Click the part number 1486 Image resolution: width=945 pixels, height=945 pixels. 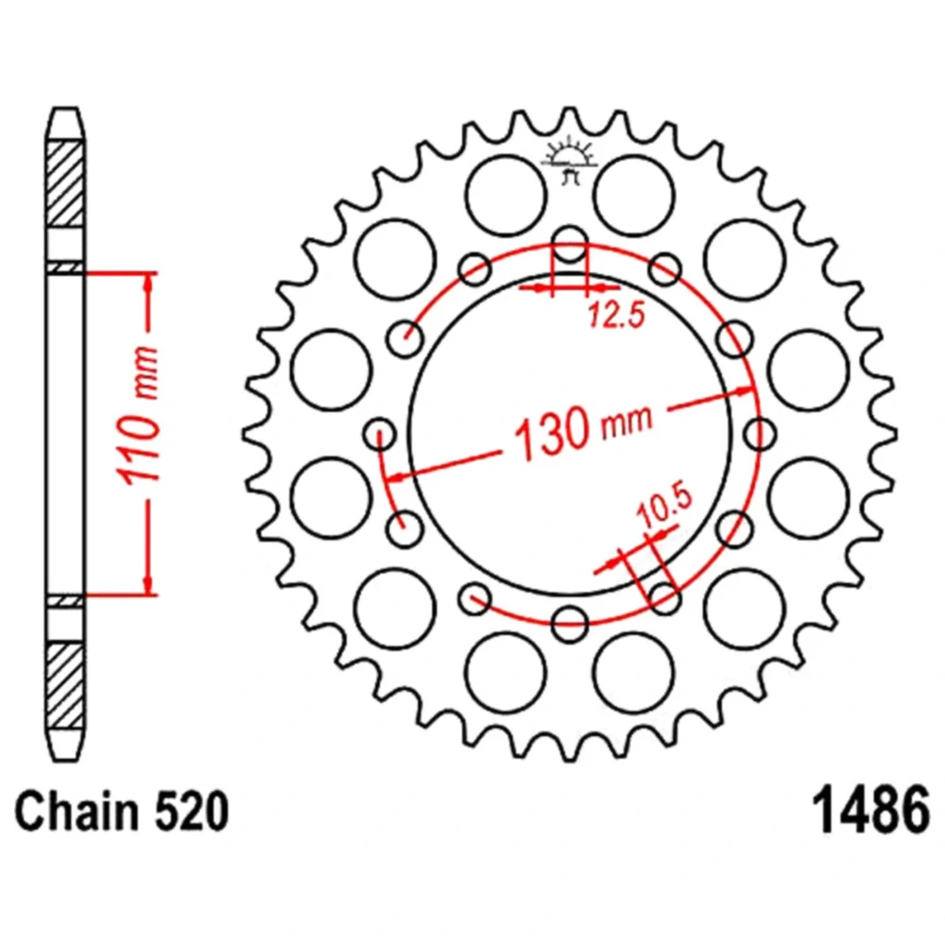click(x=871, y=810)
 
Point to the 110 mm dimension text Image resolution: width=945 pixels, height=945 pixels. click(x=140, y=416)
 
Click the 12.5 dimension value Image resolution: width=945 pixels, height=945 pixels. click(x=616, y=316)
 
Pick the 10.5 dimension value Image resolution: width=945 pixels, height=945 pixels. click(x=664, y=506)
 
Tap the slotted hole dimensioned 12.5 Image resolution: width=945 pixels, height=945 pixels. click(x=570, y=245)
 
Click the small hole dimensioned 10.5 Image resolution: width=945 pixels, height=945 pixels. click(x=665, y=598)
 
